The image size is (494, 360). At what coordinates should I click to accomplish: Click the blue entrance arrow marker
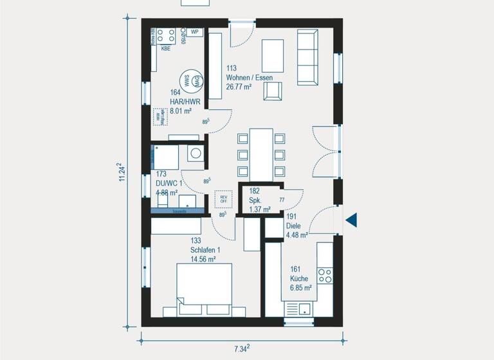tap(351, 221)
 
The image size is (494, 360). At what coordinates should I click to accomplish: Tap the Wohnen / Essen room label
tap(249, 78)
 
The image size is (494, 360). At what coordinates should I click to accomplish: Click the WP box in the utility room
tap(194, 32)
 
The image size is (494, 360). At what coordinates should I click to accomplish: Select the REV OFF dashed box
tap(223, 199)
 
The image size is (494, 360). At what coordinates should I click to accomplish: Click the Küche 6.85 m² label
tap(300, 283)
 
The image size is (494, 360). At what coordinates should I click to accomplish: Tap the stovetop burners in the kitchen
tap(325, 276)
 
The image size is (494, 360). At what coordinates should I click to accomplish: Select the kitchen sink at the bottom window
tap(297, 310)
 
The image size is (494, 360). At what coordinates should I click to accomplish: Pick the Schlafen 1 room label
tap(205, 250)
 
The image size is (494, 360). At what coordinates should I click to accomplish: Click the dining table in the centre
tap(261, 154)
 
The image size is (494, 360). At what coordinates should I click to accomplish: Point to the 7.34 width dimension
tap(240, 348)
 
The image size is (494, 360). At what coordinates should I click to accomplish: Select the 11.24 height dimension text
tap(121, 173)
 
